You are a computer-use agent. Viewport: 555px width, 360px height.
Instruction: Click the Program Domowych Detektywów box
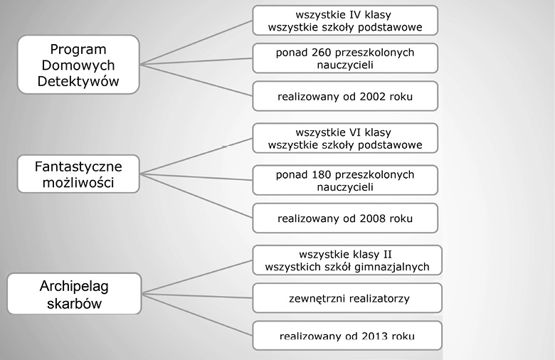[78, 65]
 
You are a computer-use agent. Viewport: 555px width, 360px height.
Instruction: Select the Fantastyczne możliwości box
[78, 174]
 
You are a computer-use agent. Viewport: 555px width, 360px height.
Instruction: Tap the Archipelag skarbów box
[74, 293]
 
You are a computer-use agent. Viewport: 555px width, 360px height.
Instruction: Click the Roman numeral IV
[355, 15]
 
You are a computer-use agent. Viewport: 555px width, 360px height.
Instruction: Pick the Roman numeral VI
[355, 132]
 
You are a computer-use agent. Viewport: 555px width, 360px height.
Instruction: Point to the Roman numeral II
[387, 255]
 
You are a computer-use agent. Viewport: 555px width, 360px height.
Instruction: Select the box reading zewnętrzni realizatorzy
[347, 297]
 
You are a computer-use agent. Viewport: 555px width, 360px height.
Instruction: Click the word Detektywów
[78, 81]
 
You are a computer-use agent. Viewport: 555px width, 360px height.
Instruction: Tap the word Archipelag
[74, 286]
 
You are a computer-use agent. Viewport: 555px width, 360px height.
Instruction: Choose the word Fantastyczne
[78, 166]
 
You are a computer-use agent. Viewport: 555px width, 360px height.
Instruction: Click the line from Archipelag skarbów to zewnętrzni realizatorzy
[197, 295]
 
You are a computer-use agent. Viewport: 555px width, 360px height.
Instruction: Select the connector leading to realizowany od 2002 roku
[196, 80]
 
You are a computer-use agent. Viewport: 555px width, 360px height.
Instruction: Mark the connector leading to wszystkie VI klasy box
[196, 156]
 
